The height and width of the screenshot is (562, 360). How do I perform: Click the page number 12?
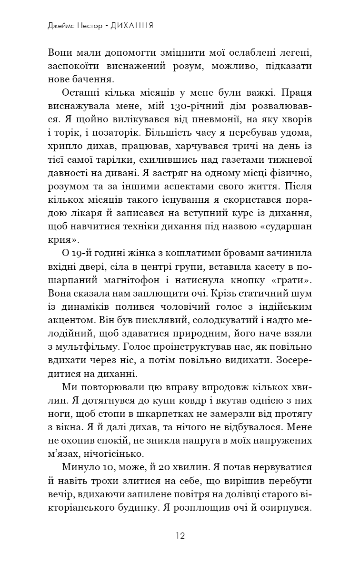[180, 535]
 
